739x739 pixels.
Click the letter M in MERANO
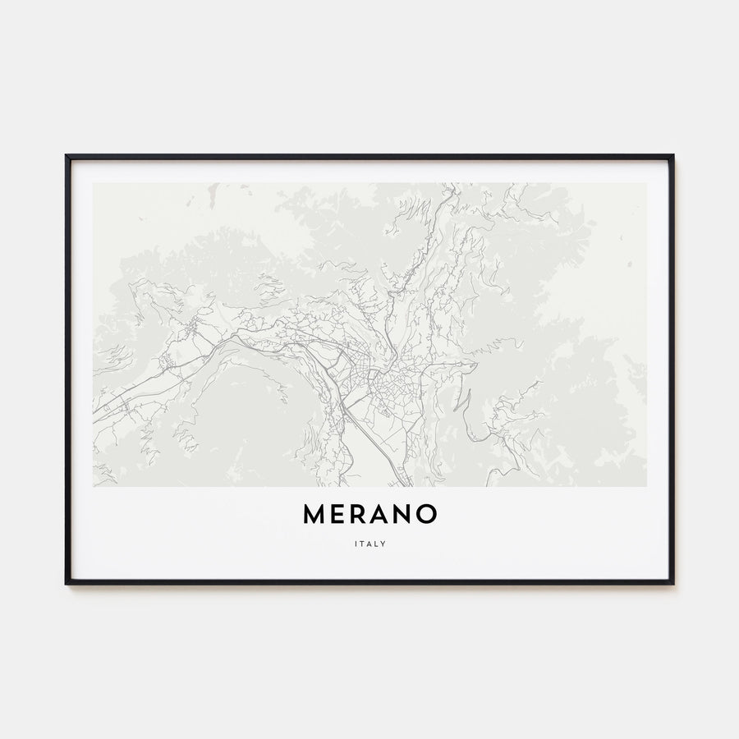[314, 514]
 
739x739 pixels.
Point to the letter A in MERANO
[382, 514]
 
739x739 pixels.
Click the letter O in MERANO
[426, 514]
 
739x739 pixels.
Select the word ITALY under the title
[369, 543]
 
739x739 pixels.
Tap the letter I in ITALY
[357, 543]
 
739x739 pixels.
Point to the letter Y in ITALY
[383, 543]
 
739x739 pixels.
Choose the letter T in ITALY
[363, 543]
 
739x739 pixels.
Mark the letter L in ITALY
[376, 543]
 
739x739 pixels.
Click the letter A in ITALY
[369, 543]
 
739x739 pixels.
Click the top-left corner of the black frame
[67, 155]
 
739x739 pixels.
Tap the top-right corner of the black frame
[672, 155]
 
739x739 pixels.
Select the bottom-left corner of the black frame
[67, 583]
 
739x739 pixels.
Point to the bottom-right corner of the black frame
[672, 583]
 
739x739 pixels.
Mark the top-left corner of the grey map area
[94, 183]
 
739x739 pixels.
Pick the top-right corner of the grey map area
[646, 183]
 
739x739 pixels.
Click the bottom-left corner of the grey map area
[94, 486]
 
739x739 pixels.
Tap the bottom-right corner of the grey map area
[646, 486]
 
